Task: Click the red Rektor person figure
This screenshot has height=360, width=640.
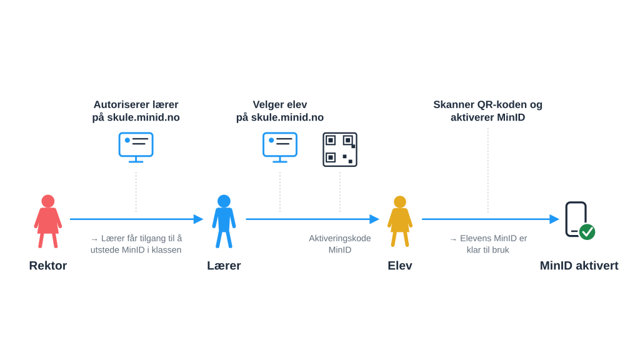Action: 47,221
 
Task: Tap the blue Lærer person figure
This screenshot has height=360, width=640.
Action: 224,221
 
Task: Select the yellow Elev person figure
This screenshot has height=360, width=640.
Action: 399,221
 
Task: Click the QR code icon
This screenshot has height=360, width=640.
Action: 340,149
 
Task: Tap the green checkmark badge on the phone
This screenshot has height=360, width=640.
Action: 587,232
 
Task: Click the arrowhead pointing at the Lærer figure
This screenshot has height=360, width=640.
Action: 198,219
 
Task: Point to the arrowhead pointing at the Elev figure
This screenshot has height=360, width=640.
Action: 374,219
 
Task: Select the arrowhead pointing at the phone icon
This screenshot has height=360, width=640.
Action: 554,219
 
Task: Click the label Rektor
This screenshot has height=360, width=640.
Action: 47,266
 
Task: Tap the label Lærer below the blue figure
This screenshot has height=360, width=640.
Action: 224,266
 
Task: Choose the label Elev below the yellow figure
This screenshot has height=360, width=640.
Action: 399,266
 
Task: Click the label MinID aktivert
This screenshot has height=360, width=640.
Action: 579,266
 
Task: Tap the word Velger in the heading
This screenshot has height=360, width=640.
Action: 267,105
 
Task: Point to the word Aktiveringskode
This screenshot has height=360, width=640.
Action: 340,238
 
